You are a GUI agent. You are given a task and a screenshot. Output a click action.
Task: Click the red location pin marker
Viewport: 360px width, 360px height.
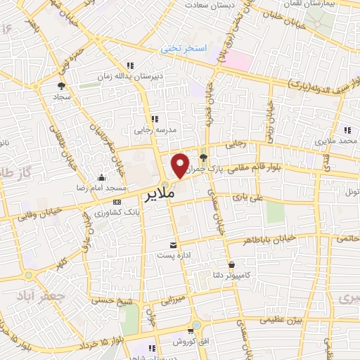(x=181, y=165)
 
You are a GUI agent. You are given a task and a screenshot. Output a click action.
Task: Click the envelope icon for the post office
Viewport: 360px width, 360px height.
(x=174, y=245)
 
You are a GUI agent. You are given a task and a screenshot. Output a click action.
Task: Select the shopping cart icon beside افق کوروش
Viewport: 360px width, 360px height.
(x=190, y=331)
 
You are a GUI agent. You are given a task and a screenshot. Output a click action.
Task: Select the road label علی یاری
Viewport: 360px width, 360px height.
(x=270, y=198)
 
